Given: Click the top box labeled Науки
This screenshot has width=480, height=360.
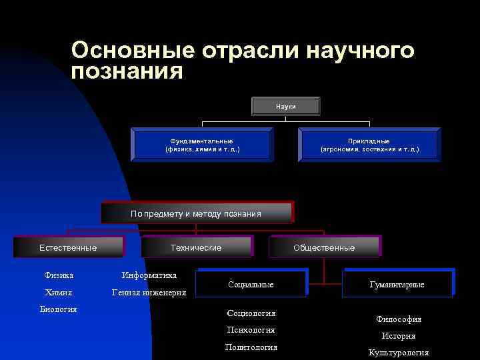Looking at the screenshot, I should click(x=286, y=107).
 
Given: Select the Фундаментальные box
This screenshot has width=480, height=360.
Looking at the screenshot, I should click(x=202, y=145).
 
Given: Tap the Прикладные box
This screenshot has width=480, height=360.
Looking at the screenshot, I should click(x=369, y=145).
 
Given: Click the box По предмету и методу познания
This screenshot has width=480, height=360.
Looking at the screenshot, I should click(x=196, y=213).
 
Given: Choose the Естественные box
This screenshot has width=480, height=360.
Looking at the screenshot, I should click(x=68, y=247).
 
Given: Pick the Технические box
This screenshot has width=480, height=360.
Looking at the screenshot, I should click(x=196, y=247).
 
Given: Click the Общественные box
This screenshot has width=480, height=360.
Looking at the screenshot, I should click(x=324, y=247).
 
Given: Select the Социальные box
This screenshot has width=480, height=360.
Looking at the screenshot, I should click(x=251, y=284).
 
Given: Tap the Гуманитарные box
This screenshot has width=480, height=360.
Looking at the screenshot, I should click(x=397, y=284).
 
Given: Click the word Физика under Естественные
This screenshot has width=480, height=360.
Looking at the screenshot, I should click(x=59, y=275).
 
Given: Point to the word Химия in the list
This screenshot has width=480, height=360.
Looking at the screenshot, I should click(x=59, y=292).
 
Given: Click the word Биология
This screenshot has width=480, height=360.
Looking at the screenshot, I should click(x=59, y=309).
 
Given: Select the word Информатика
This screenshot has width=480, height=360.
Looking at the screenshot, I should click(x=149, y=275).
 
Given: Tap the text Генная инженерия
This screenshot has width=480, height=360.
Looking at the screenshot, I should click(x=149, y=292).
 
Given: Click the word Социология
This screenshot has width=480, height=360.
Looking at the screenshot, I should click(x=251, y=313).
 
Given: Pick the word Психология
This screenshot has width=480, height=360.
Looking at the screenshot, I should click(x=251, y=329).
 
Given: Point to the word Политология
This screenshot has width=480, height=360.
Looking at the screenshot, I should click(x=251, y=347).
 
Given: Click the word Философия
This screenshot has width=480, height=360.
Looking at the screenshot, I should click(x=399, y=319).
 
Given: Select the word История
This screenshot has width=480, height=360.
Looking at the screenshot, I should click(x=399, y=336).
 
